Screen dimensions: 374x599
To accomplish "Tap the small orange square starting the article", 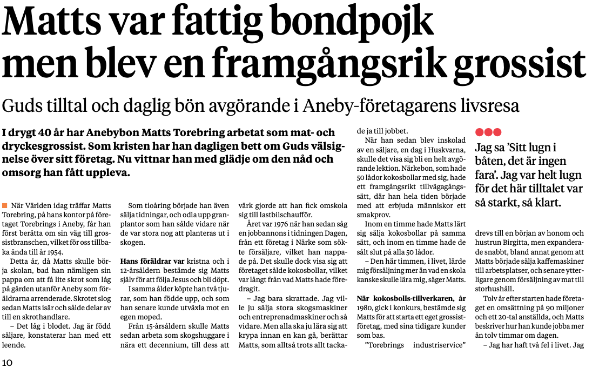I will [x=5, y=205].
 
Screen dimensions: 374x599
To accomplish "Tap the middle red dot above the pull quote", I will [x=488, y=132].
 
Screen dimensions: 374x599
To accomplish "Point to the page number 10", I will [x=7, y=363].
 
